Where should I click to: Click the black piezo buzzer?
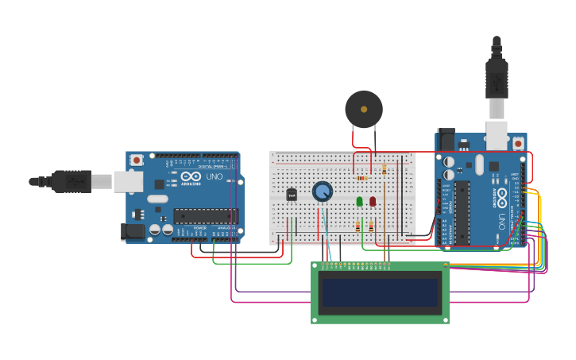364,110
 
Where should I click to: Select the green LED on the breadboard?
359,202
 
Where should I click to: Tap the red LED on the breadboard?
373,202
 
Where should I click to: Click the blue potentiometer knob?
323,192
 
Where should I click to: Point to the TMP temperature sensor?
292,195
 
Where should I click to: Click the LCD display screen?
380,292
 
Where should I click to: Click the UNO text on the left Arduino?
215,176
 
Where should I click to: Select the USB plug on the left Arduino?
72,182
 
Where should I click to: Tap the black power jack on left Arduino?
133,231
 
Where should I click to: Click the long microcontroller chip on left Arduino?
205,215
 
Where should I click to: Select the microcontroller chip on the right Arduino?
461,213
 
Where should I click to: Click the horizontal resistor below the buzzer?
362,178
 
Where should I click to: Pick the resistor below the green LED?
358,227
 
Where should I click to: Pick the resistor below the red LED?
371,227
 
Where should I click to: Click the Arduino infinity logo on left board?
191,176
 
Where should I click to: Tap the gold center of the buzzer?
364,109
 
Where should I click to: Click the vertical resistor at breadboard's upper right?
385,169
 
